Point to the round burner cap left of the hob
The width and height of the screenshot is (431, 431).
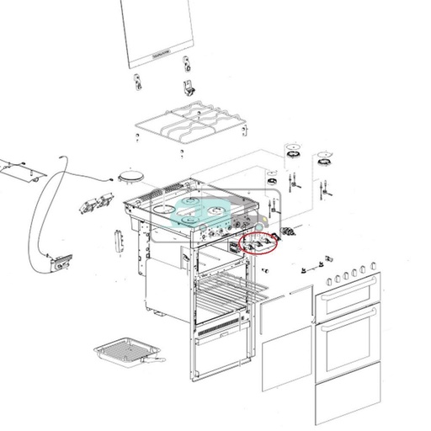point(129,174)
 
